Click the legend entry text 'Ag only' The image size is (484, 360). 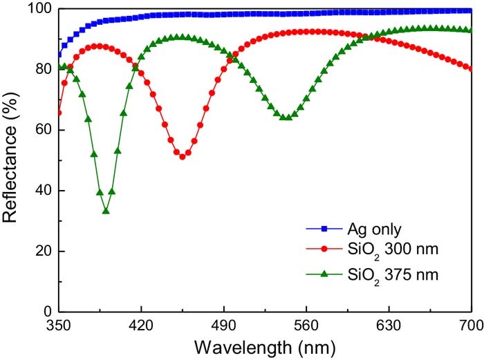click(x=377, y=229)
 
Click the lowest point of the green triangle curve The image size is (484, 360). click(x=106, y=211)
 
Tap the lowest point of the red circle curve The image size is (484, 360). click(x=183, y=157)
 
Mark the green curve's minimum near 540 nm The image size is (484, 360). click(x=286, y=117)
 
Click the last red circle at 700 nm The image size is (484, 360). click(x=471, y=68)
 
